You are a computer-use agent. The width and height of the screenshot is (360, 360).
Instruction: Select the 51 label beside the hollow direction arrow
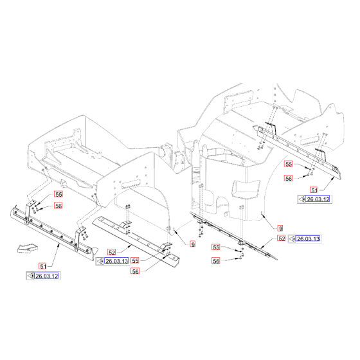[x=43, y=265]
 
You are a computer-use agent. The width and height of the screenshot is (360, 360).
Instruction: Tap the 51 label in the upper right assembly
[x=314, y=190]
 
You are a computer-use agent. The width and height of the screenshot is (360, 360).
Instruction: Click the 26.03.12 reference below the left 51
[x=46, y=276]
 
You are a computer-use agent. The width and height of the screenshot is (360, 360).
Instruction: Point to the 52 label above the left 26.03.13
[x=111, y=252]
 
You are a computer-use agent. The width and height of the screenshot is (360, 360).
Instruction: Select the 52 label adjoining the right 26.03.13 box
[x=282, y=239]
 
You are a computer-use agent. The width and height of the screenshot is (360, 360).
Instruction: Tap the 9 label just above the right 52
[x=280, y=228]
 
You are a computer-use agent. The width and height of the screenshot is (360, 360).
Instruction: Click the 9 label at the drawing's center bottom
[x=192, y=244]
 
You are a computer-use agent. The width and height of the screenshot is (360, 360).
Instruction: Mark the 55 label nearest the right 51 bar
[x=289, y=165]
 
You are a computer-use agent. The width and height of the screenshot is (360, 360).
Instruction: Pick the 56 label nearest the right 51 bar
[x=289, y=179]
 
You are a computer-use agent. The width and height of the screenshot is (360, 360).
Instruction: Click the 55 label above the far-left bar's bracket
[x=58, y=194]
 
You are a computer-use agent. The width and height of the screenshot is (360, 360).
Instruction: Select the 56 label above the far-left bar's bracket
[x=58, y=206]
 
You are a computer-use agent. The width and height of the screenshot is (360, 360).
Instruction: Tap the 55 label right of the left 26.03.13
[x=136, y=261]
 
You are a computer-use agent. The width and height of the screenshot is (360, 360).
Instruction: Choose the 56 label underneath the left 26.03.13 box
[x=136, y=272]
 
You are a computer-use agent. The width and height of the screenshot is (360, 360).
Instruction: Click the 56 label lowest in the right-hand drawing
[x=215, y=261]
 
